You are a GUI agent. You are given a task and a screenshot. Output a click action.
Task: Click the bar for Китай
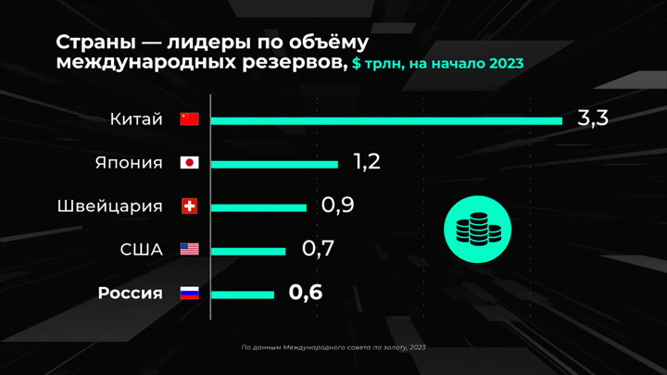(386, 119)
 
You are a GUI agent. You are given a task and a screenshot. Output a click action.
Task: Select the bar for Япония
(274, 163)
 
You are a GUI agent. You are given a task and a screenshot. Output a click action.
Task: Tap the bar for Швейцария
(258, 206)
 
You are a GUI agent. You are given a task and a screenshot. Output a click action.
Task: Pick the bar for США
(248, 250)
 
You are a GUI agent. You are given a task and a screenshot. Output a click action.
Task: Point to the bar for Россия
(243, 294)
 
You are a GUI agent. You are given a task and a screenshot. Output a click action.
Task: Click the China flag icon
(189, 119)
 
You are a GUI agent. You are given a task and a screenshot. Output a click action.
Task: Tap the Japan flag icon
(189, 163)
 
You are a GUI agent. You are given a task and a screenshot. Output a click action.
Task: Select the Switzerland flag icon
(189, 206)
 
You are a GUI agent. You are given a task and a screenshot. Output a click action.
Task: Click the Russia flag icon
(189, 294)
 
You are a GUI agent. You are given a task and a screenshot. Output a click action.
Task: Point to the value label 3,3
(592, 119)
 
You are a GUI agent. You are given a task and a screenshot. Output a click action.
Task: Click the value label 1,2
(367, 162)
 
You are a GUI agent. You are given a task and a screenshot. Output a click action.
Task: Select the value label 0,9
(337, 206)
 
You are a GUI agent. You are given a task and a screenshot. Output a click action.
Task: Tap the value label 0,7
(317, 249)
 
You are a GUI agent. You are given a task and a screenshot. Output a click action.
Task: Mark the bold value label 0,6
(306, 293)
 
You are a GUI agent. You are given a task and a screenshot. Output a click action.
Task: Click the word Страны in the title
(94, 44)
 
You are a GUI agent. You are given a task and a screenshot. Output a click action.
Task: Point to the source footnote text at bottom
(333, 347)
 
